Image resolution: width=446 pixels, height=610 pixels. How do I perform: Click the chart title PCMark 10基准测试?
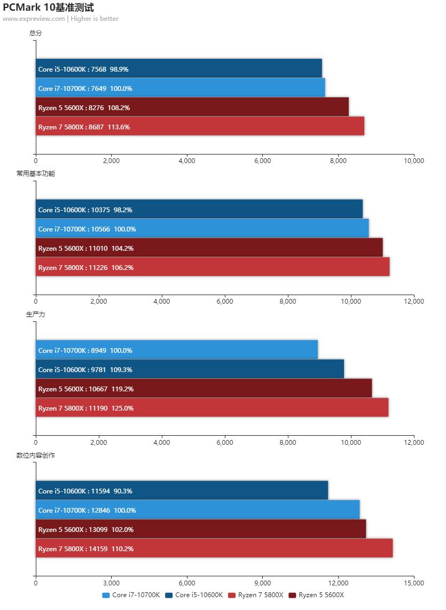pyautogui.click(x=48, y=7)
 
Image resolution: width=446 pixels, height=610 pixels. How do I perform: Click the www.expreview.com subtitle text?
pyautogui.click(x=34, y=19)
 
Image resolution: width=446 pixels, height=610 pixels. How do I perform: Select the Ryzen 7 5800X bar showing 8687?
pyautogui.click(x=200, y=127)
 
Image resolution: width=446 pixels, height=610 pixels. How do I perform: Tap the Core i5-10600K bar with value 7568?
pyautogui.click(x=179, y=69)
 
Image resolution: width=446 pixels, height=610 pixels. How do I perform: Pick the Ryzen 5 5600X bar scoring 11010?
pyautogui.click(x=209, y=248)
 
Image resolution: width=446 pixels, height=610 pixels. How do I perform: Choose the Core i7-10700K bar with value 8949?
pyautogui.click(x=177, y=350)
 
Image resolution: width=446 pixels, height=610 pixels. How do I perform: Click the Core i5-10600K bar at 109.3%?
pyautogui.click(x=190, y=369)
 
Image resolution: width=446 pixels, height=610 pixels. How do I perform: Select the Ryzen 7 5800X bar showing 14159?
pyautogui.click(x=214, y=549)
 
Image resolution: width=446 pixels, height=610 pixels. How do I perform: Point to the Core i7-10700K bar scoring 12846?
pyautogui.click(x=198, y=510)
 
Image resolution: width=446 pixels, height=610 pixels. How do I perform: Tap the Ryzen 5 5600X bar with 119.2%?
pyautogui.click(x=204, y=389)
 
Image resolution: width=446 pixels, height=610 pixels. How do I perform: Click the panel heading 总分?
pyautogui.click(x=36, y=33)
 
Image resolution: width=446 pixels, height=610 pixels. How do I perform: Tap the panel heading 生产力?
pyautogui.click(x=36, y=314)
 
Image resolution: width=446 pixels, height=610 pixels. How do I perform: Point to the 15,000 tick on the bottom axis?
pyautogui.click(x=414, y=583)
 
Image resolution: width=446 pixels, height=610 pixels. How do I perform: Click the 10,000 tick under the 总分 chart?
pyautogui.click(x=414, y=160)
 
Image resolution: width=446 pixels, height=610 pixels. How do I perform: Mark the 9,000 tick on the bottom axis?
pyautogui.click(x=263, y=583)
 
